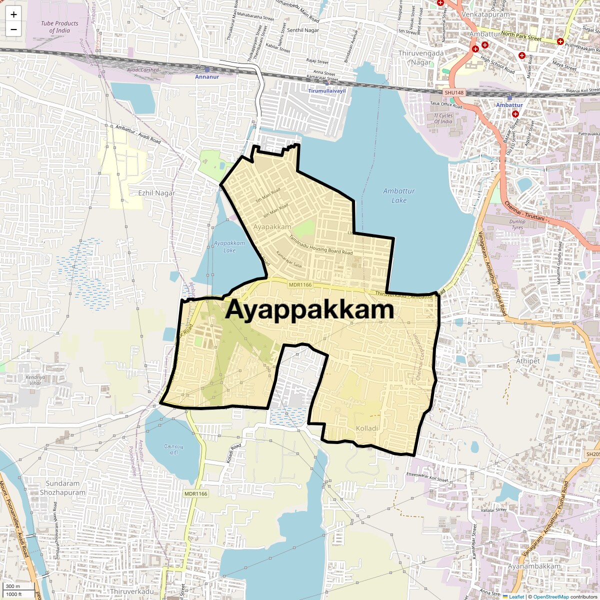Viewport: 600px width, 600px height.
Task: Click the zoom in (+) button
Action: click(x=13, y=14)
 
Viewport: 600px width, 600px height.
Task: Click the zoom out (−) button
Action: click(x=13, y=29)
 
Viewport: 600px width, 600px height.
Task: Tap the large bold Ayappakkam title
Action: click(x=309, y=310)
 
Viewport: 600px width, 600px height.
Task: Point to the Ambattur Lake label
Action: click(x=399, y=195)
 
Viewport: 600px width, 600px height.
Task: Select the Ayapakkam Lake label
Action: click(x=229, y=246)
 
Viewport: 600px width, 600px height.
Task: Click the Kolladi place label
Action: click(x=367, y=428)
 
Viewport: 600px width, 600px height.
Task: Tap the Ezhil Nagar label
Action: click(x=156, y=193)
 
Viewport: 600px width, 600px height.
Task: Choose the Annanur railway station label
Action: click(x=207, y=77)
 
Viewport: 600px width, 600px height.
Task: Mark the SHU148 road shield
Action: click(x=454, y=93)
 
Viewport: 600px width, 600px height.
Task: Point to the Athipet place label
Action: click(x=528, y=361)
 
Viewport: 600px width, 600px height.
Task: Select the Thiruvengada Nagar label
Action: click(x=421, y=57)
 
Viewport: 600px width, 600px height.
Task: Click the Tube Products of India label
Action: click(x=59, y=27)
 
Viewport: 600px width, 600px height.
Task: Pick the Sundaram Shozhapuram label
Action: click(x=62, y=488)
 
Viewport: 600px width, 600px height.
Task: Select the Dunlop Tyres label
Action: click(x=517, y=224)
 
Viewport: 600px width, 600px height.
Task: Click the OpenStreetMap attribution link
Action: click(x=550, y=596)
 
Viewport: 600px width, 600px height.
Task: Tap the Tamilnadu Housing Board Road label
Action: click(x=320, y=244)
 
